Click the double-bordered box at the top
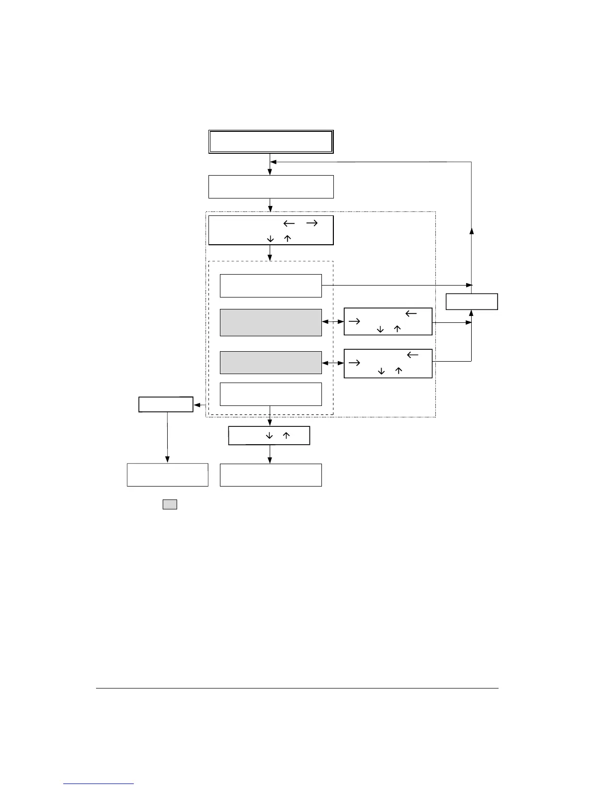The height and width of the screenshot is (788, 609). point(270,142)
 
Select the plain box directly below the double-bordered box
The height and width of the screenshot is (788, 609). point(270,187)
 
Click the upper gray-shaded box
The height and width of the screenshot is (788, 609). point(271,322)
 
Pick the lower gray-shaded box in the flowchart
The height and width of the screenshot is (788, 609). point(271,362)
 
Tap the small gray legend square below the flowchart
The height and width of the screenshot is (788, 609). point(170,504)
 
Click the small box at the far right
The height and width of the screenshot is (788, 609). point(472,302)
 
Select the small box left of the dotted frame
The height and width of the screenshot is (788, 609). point(166,404)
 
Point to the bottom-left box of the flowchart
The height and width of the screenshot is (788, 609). point(167,475)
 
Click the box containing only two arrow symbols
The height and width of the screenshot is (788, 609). point(269,435)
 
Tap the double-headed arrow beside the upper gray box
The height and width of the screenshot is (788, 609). point(333,322)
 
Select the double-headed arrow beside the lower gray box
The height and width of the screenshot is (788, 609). point(333,364)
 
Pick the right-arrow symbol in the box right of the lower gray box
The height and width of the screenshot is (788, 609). point(354,363)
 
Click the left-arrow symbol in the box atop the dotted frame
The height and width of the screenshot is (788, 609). point(289,223)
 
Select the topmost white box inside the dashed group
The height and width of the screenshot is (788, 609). point(271,286)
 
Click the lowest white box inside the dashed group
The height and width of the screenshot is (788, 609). point(271,394)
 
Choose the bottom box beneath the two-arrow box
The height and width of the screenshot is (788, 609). point(271,475)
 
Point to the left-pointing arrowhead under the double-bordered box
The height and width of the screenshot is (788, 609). point(273,162)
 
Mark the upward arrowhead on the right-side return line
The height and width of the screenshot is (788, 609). point(472,230)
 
